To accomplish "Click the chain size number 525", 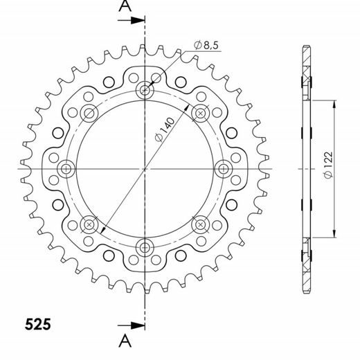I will click(35, 323).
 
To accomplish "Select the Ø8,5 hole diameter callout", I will click(206, 45).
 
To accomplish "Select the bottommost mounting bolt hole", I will click(145, 246).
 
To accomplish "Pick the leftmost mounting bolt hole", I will click(67, 168).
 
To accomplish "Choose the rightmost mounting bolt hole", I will click(224, 168).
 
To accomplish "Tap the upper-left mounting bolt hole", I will click(90, 113).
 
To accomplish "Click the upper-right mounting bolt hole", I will click(201, 113).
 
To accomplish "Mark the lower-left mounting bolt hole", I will click(90, 224).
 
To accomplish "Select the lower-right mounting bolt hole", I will click(201, 224).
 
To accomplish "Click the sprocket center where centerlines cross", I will click(145, 168).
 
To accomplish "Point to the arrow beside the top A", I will click(133, 20).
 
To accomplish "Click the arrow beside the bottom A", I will click(133, 324).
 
